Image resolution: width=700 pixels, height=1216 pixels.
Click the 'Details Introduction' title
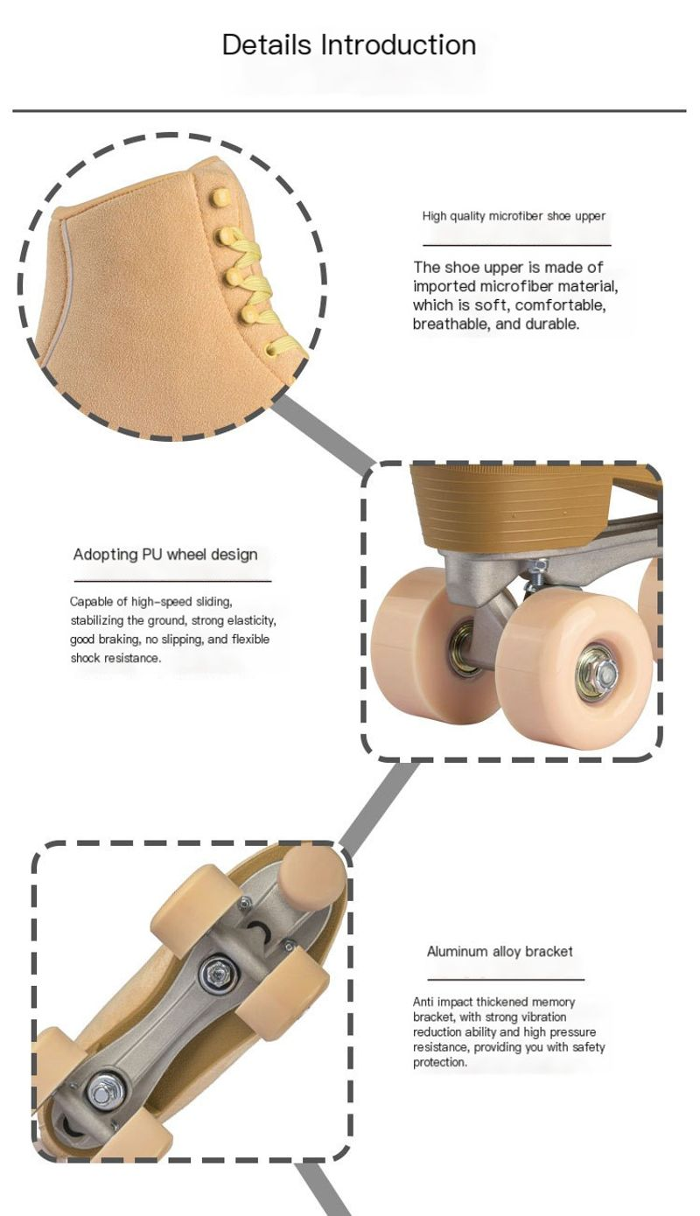coord(349,45)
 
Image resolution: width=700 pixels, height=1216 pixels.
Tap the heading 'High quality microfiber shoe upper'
coord(514,216)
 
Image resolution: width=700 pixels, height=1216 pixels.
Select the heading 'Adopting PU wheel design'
coord(165,555)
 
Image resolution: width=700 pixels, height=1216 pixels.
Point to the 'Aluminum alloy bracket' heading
coord(500,952)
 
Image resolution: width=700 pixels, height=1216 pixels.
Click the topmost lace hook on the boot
coord(221,198)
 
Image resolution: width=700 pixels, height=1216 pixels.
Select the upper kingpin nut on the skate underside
coord(218,971)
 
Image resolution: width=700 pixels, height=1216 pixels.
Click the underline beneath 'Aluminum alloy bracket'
coord(506,980)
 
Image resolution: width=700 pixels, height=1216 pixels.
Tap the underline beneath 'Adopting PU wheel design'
coord(172,582)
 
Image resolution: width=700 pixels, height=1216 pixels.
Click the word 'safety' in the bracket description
coord(589,1047)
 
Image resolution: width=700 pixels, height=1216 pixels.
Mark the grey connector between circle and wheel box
coord(323,430)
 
